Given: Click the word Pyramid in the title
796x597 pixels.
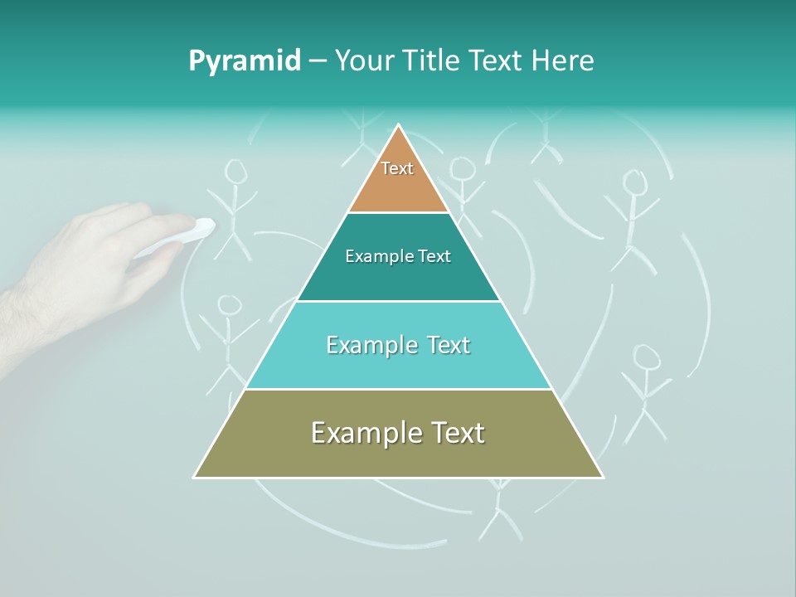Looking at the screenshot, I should coord(245,61).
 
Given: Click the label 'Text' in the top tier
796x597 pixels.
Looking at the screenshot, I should coord(397,168).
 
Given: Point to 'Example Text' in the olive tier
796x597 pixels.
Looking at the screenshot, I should coord(398,433).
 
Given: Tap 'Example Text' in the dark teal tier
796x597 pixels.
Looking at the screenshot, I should coord(398,256).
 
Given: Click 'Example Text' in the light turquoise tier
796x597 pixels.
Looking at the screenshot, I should coord(398,345).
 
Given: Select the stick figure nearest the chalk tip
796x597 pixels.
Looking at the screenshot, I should coord(235,207).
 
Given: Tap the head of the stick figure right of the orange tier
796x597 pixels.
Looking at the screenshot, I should coord(463,169).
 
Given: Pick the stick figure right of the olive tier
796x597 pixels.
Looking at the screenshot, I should coord(645,390).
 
